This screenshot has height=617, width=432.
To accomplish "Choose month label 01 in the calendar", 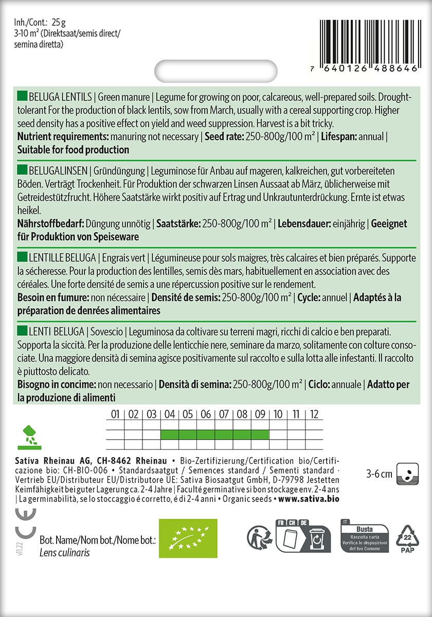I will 115,414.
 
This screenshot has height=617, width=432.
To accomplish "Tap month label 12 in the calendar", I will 314,414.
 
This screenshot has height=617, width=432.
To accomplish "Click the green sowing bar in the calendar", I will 214,434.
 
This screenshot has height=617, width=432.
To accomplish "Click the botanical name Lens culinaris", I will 64,553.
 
